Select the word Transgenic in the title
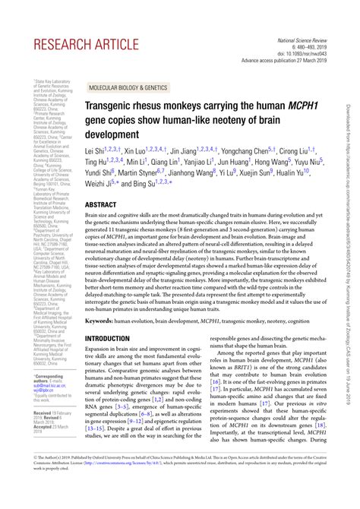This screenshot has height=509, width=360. [x=112, y=108]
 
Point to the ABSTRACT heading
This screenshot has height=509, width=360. [x=100, y=205]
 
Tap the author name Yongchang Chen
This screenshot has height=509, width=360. [x=253, y=150]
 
